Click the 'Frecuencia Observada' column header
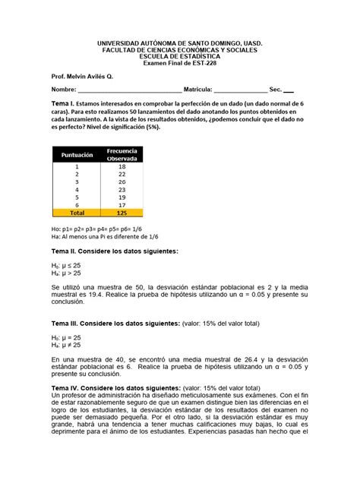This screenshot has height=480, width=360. click(x=122, y=154)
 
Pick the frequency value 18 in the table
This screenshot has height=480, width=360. click(x=122, y=166)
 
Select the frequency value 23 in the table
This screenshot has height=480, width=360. click(x=122, y=190)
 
